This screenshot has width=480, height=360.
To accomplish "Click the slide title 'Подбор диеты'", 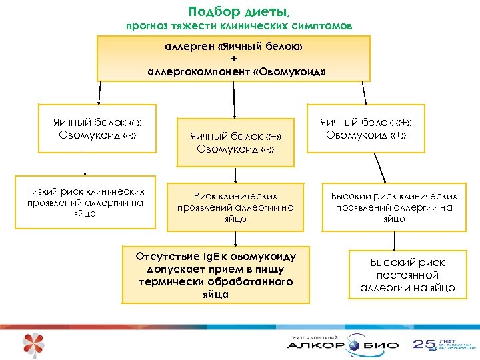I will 239,11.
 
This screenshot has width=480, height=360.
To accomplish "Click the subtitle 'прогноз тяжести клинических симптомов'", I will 239,26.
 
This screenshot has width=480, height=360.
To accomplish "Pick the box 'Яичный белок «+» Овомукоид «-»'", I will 235,142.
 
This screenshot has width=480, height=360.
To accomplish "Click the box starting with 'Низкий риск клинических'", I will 85,202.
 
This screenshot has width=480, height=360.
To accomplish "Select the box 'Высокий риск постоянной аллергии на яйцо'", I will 407,275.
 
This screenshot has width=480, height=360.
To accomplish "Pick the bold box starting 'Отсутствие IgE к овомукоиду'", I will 215,275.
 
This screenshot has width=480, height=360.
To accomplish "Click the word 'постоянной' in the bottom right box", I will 407,275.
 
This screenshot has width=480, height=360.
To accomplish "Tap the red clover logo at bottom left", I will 33,343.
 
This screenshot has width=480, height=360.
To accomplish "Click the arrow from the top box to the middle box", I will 234,99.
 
